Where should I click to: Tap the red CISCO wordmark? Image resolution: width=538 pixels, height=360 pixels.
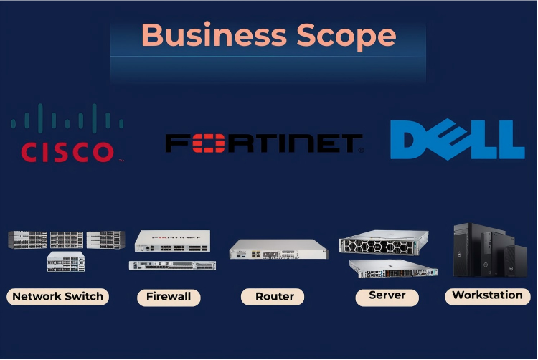[67, 152]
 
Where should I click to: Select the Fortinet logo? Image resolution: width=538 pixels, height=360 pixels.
[264, 143]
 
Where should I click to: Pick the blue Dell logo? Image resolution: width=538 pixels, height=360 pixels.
[457, 139]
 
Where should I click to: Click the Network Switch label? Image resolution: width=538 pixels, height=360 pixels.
[58, 296]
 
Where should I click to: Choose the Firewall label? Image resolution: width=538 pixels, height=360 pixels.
[168, 297]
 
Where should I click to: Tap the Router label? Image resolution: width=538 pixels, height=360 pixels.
[274, 296]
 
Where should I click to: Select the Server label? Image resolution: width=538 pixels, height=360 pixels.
[387, 295]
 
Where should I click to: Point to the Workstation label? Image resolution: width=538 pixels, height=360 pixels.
[487, 295]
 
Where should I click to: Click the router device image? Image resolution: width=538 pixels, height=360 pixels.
[278, 250]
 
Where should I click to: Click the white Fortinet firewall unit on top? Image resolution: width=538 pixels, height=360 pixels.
[172, 241]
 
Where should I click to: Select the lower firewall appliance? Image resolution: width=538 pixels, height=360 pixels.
[172, 265]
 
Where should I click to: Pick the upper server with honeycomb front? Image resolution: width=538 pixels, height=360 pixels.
[383, 245]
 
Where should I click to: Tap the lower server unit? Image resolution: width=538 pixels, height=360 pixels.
[393, 269]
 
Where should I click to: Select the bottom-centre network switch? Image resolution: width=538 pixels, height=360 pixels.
[66, 262]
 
